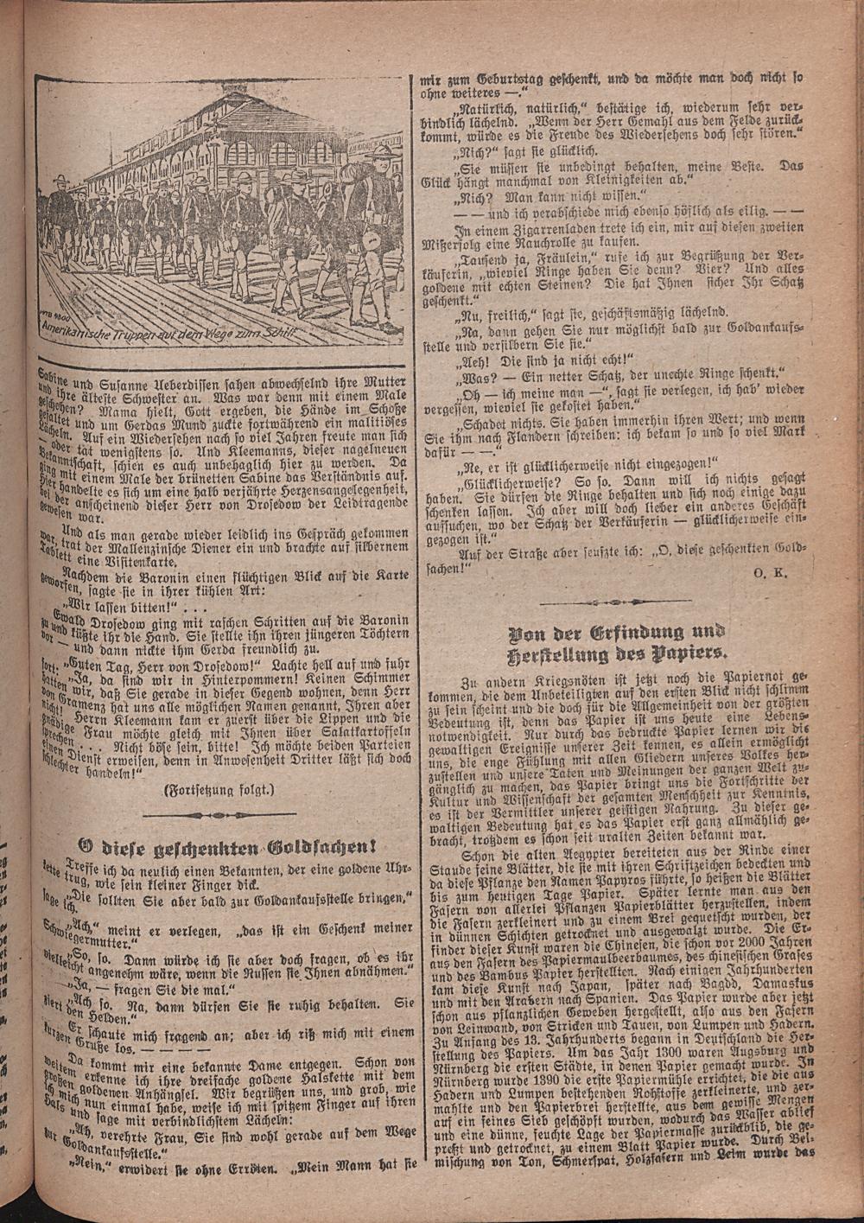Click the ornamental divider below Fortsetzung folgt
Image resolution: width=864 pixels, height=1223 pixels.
pyautogui.click(x=218, y=814)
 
